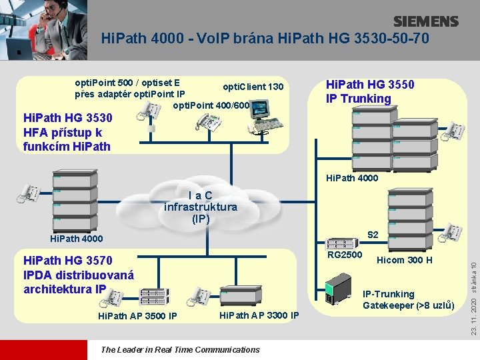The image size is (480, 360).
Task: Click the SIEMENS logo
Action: (x=425, y=21)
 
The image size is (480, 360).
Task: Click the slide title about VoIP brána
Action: (x=265, y=38)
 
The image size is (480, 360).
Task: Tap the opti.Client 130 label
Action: (x=253, y=87)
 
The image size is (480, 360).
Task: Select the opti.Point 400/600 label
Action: (x=211, y=105)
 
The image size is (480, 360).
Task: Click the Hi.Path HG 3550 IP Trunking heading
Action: (x=369, y=91)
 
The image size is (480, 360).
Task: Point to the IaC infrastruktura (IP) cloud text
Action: (x=200, y=207)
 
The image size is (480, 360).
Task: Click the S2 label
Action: (x=373, y=235)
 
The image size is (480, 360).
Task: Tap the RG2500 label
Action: (x=345, y=255)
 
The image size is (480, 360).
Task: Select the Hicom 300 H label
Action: (x=405, y=260)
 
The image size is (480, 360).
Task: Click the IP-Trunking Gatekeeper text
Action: (x=408, y=299)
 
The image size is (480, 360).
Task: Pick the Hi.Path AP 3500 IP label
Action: (x=137, y=315)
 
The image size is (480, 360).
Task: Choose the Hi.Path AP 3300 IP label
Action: (x=259, y=315)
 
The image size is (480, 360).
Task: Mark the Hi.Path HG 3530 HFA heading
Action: (x=67, y=131)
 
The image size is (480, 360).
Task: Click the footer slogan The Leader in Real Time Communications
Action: (x=180, y=349)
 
